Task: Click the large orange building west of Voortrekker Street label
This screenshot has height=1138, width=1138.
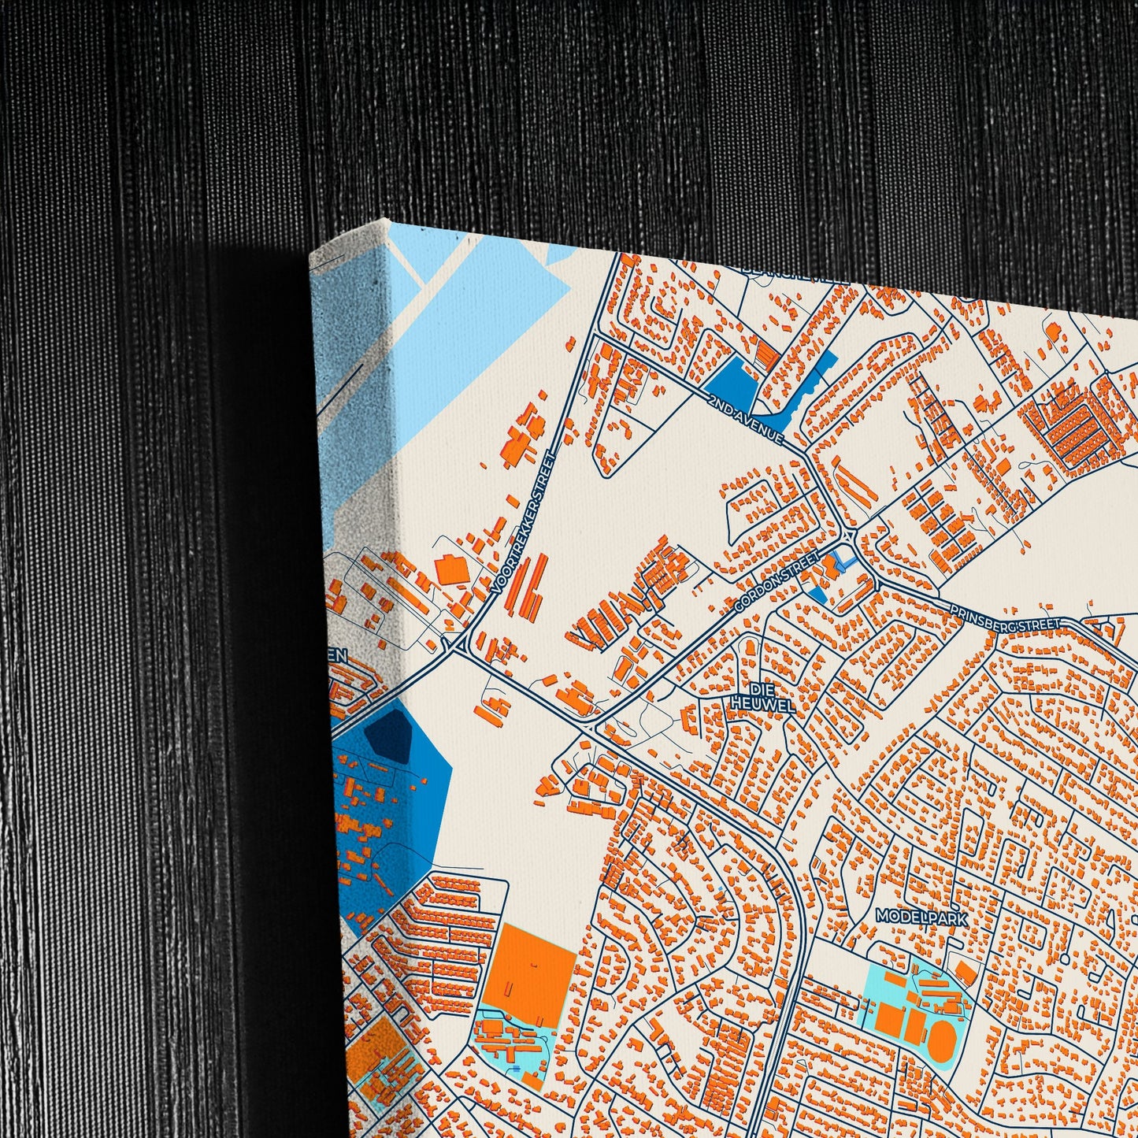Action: click(x=452, y=570)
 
